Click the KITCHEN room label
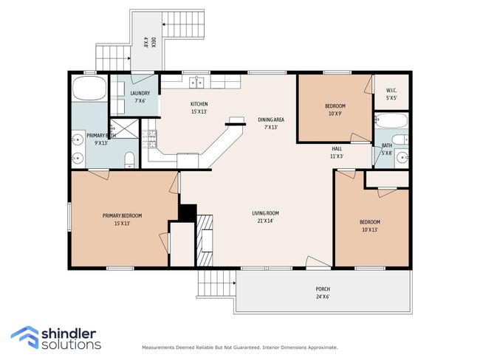tap(199, 104)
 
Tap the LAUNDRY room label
tap(140, 93)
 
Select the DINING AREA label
tap(271, 120)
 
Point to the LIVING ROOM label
tap(265, 213)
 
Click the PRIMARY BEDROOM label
tap(122, 215)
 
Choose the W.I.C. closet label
tap(391, 91)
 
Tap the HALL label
tap(337, 149)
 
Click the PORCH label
tap(323, 289)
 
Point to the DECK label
tap(154, 42)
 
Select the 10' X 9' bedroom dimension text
tap(335, 114)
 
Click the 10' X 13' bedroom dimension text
tap(370, 229)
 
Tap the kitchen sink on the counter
tap(197, 82)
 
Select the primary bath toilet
tap(130, 159)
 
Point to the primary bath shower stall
tap(125, 128)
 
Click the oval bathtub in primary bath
tap(89, 88)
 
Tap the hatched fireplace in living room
tap(205, 240)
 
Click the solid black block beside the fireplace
tap(188, 213)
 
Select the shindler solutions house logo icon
tap(25, 337)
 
